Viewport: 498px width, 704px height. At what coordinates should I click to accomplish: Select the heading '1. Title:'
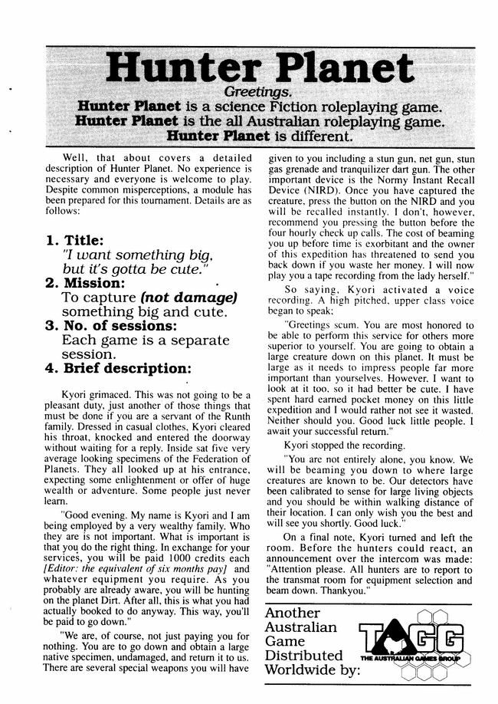pos(77,240)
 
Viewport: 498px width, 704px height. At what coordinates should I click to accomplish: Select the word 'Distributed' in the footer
pos(303,656)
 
